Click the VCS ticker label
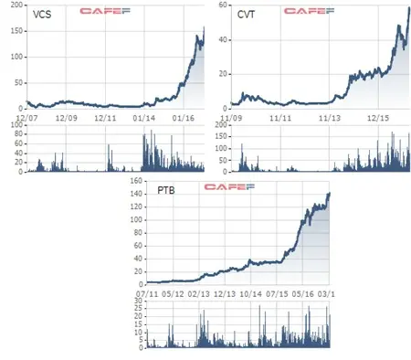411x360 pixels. coord(42,15)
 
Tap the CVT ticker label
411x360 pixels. coord(246,15)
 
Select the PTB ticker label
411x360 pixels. coord(166,190)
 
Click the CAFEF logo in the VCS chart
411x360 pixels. coord(105,11)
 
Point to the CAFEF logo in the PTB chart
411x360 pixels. coord(229,186)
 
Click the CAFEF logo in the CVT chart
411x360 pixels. coord(309,11)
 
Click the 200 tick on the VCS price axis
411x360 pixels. coord(16,5)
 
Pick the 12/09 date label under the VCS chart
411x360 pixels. coord(66,118)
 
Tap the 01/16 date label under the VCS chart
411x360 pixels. coord(184,118)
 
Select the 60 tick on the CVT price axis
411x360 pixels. coord(223,5)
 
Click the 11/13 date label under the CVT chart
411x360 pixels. coord(330,118)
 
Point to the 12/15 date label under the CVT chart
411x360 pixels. coord(378,118)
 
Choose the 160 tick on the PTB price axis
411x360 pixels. coord(136,181)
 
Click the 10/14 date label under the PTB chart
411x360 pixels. coord(250,294)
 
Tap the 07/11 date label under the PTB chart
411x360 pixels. coord(147,294)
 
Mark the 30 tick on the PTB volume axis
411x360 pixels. coord(139,301)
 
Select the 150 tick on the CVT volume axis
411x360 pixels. coord(221,136)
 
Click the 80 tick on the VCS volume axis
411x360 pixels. coord(19,134)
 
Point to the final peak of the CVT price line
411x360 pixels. coord(409,7)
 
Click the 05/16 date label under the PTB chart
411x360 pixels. coord(302,294)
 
